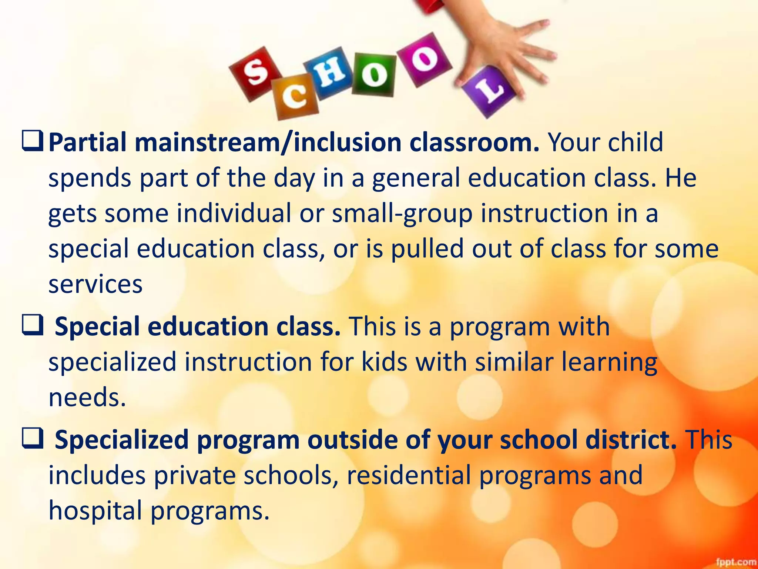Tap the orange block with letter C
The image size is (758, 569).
(x=295, y=97)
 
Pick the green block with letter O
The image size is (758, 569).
(x=374, y=74)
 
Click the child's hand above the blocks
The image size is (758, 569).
(x=503, y=44)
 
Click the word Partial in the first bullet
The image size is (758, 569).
(x=87, y=142)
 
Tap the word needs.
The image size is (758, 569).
(x=87, y=397)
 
